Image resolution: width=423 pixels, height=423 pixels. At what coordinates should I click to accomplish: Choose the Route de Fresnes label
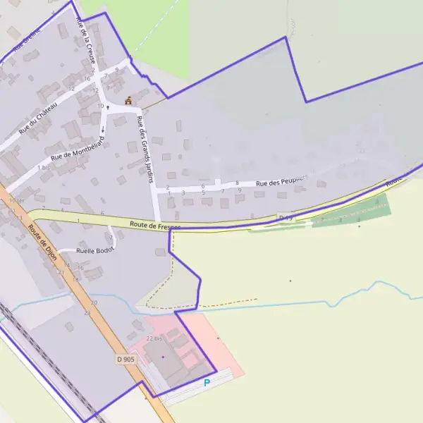click(155, 225)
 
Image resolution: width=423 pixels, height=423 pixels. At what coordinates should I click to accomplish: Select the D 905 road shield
click(125, 359)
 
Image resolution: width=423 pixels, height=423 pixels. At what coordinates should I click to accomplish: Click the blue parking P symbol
click(207, 383)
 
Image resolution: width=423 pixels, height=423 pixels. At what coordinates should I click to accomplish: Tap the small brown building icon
click(128, 102)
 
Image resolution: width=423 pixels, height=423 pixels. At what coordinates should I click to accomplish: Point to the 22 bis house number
click(154, 338)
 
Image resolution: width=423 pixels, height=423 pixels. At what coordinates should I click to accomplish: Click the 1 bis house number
click(43, 168)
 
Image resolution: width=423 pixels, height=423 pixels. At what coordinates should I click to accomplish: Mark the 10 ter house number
click(16, 201)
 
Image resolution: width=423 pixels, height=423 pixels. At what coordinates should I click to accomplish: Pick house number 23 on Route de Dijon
click(87, 312)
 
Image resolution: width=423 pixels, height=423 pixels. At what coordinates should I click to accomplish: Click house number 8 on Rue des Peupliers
click(237, 183)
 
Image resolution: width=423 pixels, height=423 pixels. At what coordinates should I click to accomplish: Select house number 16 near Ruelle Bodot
click(81, 268)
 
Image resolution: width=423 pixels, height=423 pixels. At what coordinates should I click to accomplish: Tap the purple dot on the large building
click(162, 357)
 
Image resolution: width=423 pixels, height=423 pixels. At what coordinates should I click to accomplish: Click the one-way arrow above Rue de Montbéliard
click(103, 129)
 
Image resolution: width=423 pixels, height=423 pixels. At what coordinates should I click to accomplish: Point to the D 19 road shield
click(285, 217)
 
